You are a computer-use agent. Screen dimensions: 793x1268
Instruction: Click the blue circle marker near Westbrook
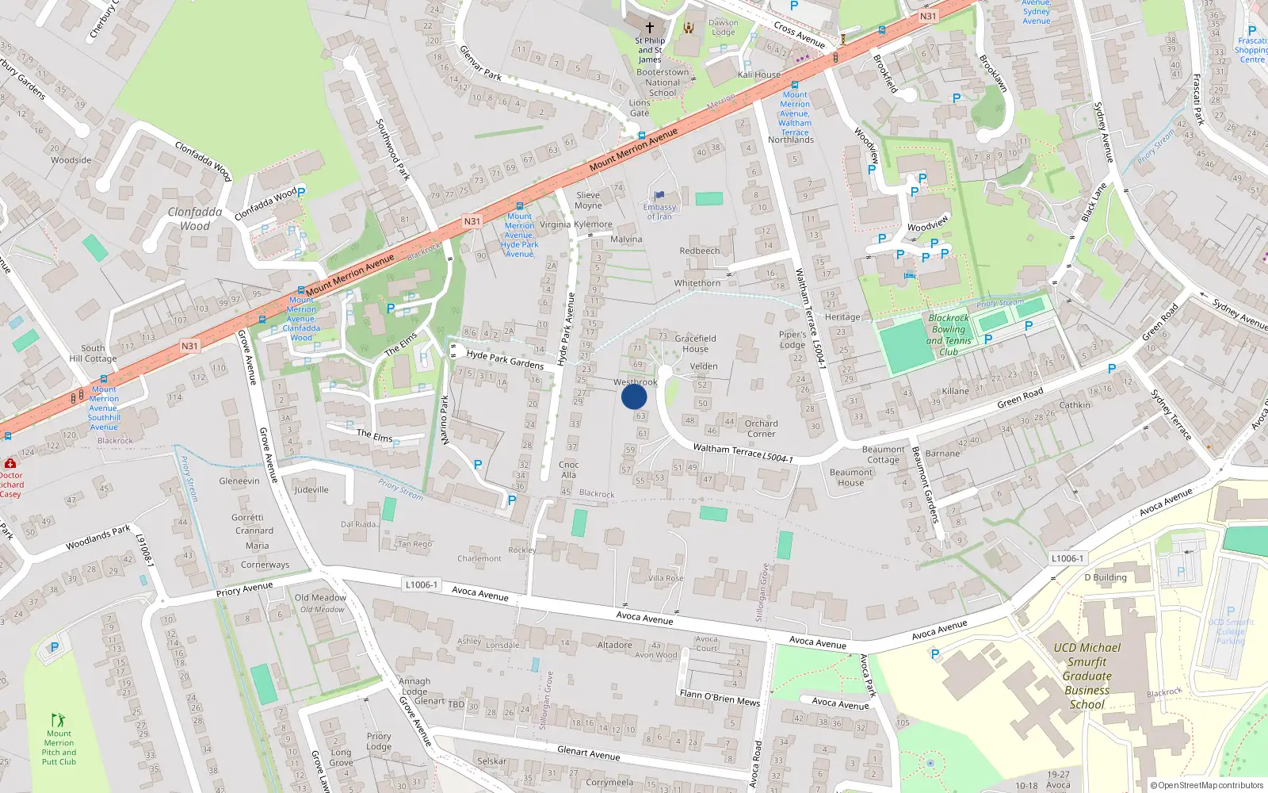634,396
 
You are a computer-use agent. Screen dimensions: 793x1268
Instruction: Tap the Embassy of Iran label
659,212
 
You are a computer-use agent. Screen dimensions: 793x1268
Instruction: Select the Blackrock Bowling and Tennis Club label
949,335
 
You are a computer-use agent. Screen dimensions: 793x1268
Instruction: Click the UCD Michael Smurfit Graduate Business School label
1087,676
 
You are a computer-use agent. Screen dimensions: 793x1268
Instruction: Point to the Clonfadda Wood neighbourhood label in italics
195,218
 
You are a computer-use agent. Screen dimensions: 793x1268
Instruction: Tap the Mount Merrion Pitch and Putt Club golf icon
58,720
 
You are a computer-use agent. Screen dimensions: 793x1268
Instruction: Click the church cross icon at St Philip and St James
650,27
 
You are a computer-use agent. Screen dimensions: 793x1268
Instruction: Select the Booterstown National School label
663,82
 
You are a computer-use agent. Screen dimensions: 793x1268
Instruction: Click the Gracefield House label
695,343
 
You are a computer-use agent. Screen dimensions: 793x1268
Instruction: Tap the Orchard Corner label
761,428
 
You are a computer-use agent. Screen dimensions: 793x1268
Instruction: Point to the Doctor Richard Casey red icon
10,463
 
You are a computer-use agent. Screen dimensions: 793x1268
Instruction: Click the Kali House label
759,75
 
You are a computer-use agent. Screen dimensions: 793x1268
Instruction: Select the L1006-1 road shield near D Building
1067,558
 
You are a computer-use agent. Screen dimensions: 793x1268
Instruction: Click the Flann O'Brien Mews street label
719,697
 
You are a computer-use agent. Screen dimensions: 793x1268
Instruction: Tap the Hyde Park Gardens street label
505,360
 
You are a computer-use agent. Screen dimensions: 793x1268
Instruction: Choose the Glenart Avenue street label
588,753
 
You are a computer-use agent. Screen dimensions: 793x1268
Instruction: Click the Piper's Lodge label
792,339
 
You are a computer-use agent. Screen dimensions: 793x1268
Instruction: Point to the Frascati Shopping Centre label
1252,50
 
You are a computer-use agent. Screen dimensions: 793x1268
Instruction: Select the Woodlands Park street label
98,538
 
